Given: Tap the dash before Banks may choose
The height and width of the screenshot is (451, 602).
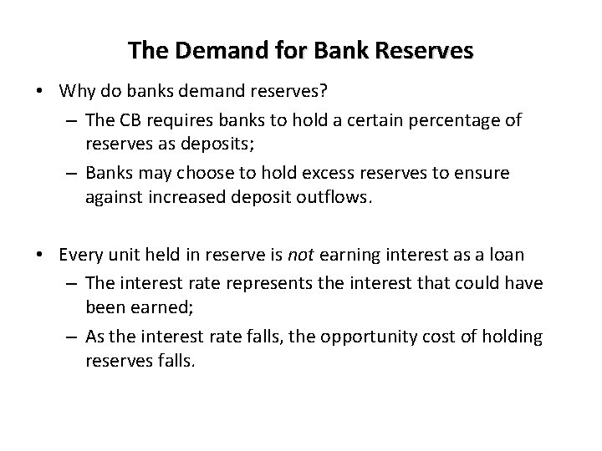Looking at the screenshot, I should (x=69, y=173).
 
